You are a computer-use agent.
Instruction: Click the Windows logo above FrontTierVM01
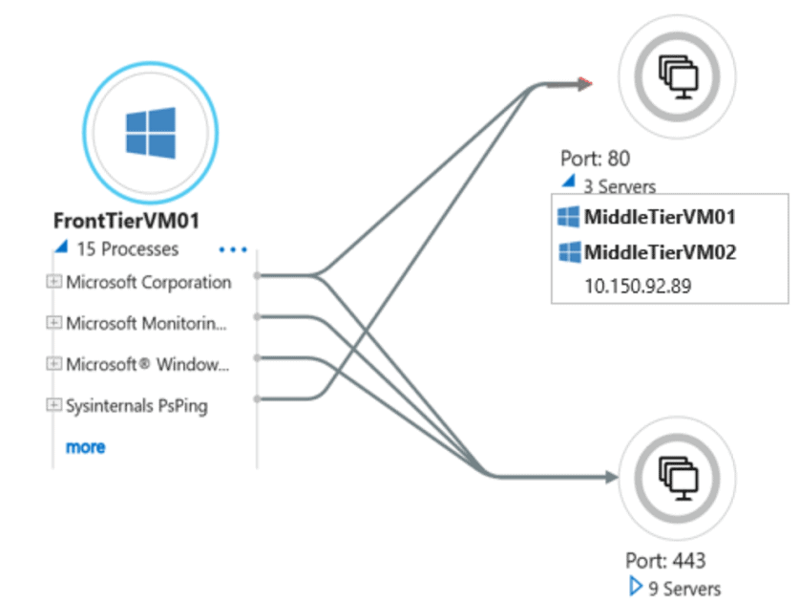tap(150, 132)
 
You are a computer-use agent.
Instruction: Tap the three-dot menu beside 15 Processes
tap(233, 250)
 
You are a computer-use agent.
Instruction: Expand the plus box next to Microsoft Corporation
tap(54, 282)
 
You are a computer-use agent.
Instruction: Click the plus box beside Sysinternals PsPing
tap(54, 405)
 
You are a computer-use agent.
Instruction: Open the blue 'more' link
tap(85, 446)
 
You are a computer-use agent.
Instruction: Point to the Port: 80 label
tap(596, 159)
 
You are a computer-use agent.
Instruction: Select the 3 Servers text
tap(620, 186)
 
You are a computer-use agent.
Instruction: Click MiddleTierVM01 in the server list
tap(660, 217)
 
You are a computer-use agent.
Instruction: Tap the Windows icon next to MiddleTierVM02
tap(570, 252)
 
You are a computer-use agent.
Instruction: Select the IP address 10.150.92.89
tap(638, 286)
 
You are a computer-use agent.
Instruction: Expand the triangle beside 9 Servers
tap(635, 588)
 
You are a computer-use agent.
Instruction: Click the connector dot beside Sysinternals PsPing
tap(257, 398)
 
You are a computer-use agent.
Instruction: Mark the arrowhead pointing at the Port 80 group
tap(585, 84)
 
